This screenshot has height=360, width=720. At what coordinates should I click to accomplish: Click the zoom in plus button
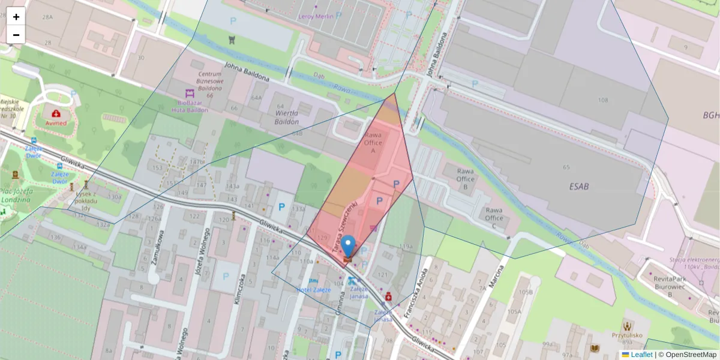[x=16, y=17]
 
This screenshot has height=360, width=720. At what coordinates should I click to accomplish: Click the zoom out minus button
[x=16, y=35]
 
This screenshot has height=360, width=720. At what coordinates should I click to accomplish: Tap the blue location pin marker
[x=348, y=246]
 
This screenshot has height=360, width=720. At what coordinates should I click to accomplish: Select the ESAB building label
[x=579, y=187]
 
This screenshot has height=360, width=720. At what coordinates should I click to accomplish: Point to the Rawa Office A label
[x=373, y=143]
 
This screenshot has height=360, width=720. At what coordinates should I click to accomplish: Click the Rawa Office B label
[x=466, y=175]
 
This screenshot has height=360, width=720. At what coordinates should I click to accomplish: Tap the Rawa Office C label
[x=494, y=218]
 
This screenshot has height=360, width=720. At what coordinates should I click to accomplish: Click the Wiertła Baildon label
[x=287, y=117]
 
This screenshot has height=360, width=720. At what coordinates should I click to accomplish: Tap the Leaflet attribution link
[x=641, y=355]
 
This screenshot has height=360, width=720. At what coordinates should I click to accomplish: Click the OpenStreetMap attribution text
[x=691, y=355]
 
